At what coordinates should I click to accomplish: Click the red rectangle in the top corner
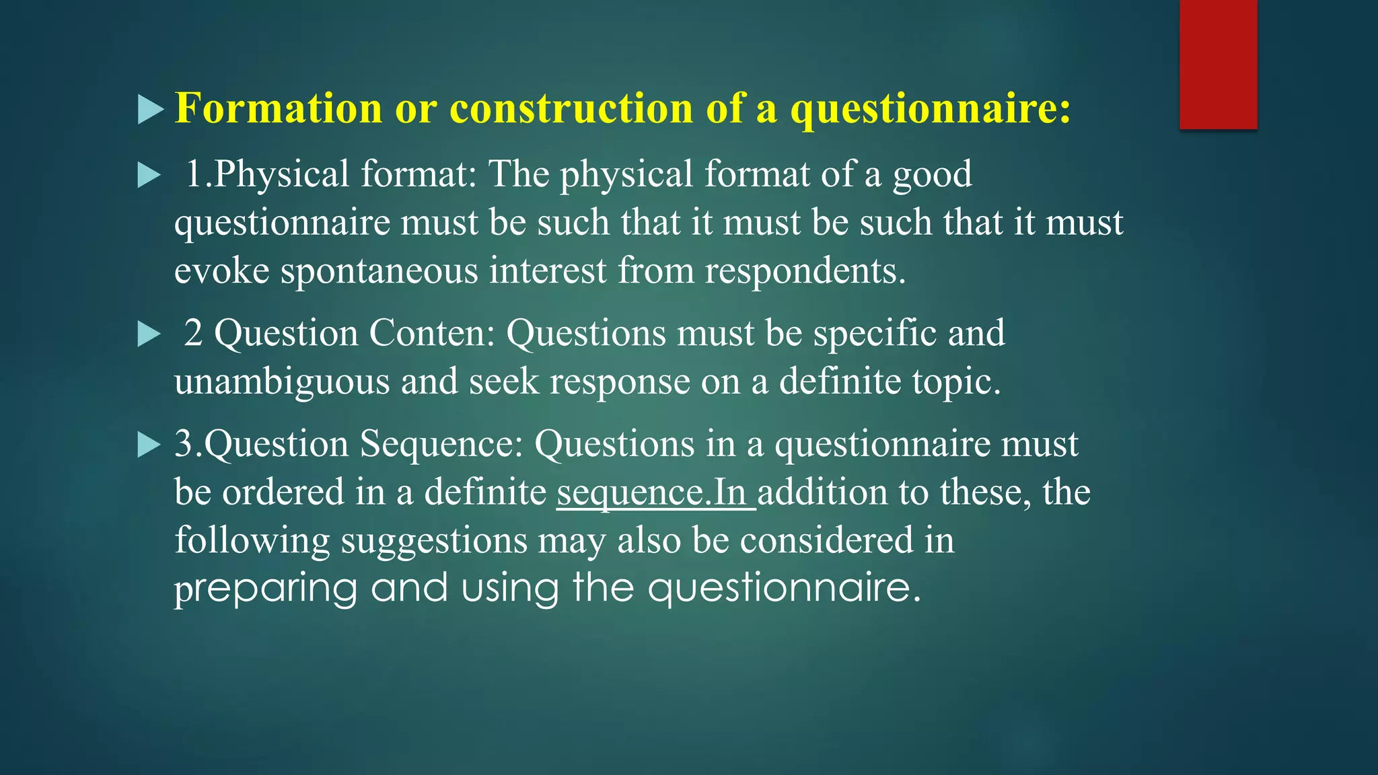pos(1218,64)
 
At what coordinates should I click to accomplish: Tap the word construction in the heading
pos(571,108)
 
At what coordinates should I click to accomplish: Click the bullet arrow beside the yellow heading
pos(150,110)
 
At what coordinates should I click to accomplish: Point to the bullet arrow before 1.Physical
pos(149,176)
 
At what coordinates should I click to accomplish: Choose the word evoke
pos(221,270)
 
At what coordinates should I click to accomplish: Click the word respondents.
pos(805,270)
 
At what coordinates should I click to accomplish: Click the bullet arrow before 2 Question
pos(149,334)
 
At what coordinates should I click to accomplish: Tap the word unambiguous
pos(282,381)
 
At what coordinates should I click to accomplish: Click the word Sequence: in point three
pos(441,444)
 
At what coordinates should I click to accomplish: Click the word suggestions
pos(434,540)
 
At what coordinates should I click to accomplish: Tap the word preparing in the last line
pos(266,589)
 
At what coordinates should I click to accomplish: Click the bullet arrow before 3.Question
pos(149,445)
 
